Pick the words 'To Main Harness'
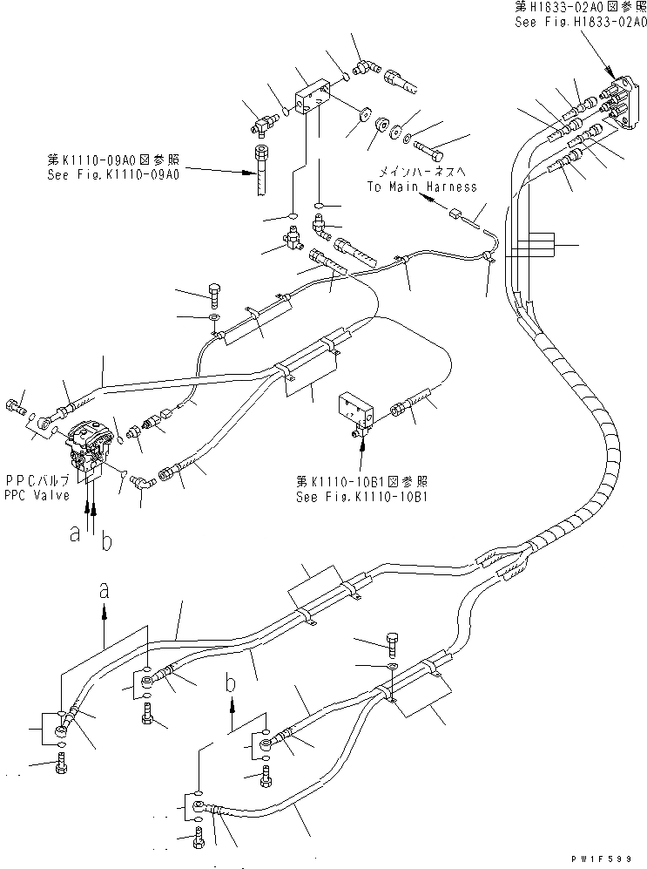[x=421, y=187]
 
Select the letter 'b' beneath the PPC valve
[x=106, y=541]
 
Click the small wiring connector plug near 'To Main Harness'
[x=455, y=211]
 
